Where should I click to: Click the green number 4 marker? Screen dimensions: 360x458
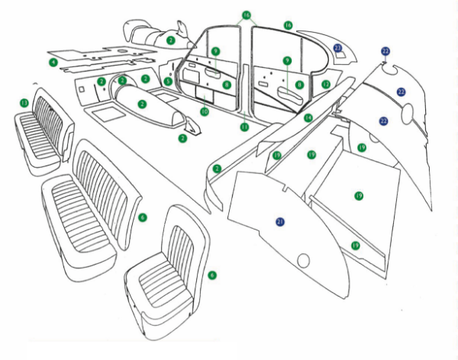(53, 61)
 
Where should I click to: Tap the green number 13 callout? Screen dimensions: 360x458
(24, 102)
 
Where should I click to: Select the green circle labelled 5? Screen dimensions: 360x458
(168, 82)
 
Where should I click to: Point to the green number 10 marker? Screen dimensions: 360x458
(204, 111)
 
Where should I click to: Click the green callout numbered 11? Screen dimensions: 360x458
(244, 127)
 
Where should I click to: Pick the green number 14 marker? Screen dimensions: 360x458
(308, 117)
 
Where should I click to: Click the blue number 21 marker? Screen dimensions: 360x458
(280, 221)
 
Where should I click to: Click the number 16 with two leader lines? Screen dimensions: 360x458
(246, 14)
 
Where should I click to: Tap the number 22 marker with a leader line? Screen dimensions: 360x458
(386, 50)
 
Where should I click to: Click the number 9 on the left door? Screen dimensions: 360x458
(216, 52)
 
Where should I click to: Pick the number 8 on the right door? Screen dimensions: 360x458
(300, 84)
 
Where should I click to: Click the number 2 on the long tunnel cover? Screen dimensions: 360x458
(142, 103)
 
